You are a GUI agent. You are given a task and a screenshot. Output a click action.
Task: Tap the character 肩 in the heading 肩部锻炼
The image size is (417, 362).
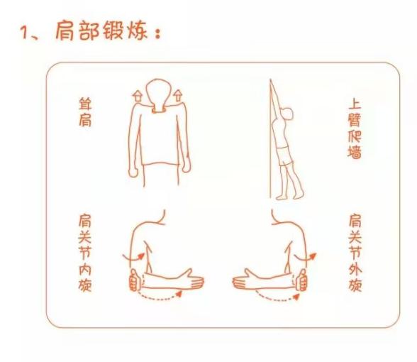click(65, 31)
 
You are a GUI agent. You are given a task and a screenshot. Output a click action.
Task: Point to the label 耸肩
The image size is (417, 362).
click(85, 112)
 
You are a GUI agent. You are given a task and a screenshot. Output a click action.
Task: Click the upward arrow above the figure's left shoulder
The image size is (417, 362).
click(138, 96)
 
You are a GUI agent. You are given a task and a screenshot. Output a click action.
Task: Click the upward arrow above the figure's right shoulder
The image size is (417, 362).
click(177, 96)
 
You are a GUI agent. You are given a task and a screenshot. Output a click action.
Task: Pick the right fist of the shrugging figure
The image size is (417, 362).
click(186, 165)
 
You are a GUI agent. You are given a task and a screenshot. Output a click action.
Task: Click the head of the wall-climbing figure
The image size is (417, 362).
click(287, 114)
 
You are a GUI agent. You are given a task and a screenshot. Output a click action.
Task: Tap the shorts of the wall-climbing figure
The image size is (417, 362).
click(284, 155)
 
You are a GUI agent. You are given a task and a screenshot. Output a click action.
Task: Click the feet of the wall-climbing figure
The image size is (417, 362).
click(290, 197)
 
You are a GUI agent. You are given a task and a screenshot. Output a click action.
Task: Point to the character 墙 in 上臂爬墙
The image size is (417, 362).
click(355, 152)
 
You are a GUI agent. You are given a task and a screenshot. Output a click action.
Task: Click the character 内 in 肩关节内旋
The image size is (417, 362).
click(85, 269)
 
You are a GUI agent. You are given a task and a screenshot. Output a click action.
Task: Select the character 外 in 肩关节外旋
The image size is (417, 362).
click(355, 270)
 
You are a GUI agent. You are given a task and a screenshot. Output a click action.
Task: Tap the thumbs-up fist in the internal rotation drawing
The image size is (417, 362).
click(135, 280)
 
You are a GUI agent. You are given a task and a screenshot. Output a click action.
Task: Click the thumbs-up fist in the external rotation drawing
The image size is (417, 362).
click(301, 280)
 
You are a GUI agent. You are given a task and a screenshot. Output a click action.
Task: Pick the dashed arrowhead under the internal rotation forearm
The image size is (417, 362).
click(179, 294)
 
